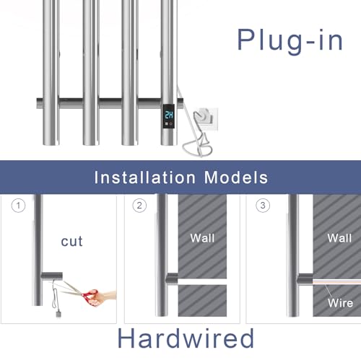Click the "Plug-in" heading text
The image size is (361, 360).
[290, 41]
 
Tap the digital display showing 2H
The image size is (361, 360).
[169, 115]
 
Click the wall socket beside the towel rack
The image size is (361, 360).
[206, 119]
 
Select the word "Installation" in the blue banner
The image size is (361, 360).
[144, 177]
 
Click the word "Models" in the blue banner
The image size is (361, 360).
[236, 177]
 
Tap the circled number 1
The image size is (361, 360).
[18, 206]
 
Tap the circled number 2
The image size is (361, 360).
[139, 206]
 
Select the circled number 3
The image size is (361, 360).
[263, 206]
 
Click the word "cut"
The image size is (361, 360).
[71, 242]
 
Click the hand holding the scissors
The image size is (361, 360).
[103, 298]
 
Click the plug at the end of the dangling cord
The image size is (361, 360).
[58, 315]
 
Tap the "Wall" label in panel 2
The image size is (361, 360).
[202, 238]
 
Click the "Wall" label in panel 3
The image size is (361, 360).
[339, 238]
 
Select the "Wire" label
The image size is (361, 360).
[340, 303]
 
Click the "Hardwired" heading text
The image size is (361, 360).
[186, 338]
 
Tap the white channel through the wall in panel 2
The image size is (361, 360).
[202, 281]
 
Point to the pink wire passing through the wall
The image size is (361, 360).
[336, 282]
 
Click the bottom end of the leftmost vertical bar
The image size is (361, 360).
[51, 144]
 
